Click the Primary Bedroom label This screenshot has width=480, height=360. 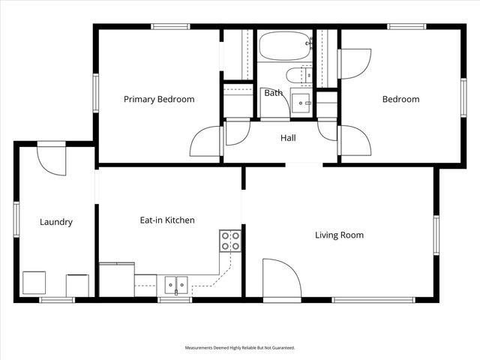point(159,99)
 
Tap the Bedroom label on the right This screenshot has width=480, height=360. point(400,99)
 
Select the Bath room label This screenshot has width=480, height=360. point(273,93)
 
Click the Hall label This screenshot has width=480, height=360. point(288,138)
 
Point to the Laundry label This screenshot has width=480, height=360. point(56,222)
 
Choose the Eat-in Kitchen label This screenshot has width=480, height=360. point(167,220)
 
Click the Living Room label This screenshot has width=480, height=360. point(339,235)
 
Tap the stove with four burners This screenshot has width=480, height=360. point(230,241)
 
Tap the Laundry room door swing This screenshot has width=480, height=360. point(51,159)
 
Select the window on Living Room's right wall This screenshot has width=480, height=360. point(436,235)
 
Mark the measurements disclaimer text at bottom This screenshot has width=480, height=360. point(240,348)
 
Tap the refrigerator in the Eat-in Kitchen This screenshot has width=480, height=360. point(117,279)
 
